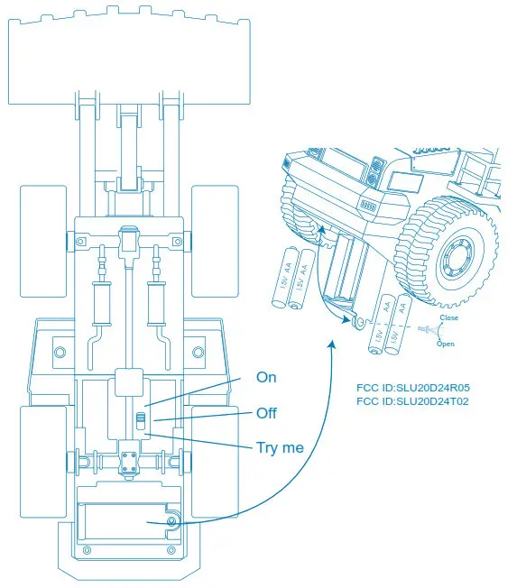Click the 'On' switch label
click(266, 377)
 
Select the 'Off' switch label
click(266, 413)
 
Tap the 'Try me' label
click(280, 447)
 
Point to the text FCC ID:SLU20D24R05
click(413, 388)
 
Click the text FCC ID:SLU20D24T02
click(413, 401)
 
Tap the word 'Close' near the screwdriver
click(448, 318)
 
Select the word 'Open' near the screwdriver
click(445, 344)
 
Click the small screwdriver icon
click(425, 332)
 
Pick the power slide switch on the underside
click(140, 420)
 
